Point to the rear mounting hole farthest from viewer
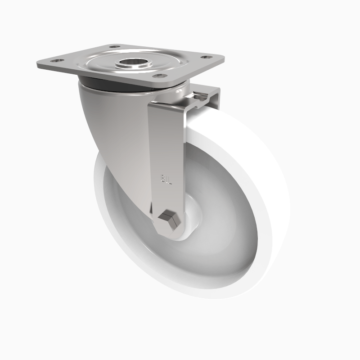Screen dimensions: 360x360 tap(114, 47)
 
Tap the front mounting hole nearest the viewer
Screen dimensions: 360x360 tap(157, 76)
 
